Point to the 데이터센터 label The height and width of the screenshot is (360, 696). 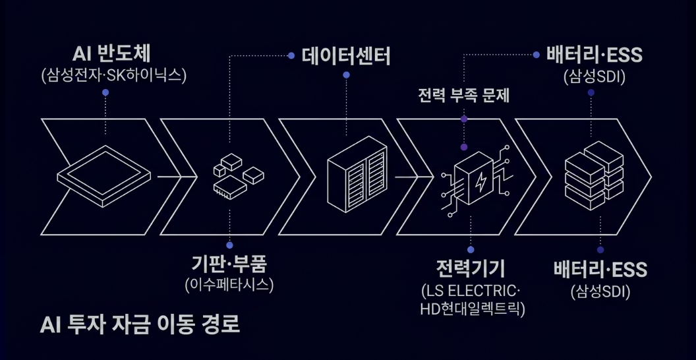346,55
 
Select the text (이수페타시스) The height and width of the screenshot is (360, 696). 229,285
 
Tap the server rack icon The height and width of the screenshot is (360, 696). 357,175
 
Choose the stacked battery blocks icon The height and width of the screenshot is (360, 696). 594,175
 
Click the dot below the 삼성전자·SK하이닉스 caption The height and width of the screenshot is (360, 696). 105,93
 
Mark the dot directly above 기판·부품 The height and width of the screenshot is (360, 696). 229,245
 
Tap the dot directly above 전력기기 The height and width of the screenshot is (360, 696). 471,250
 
